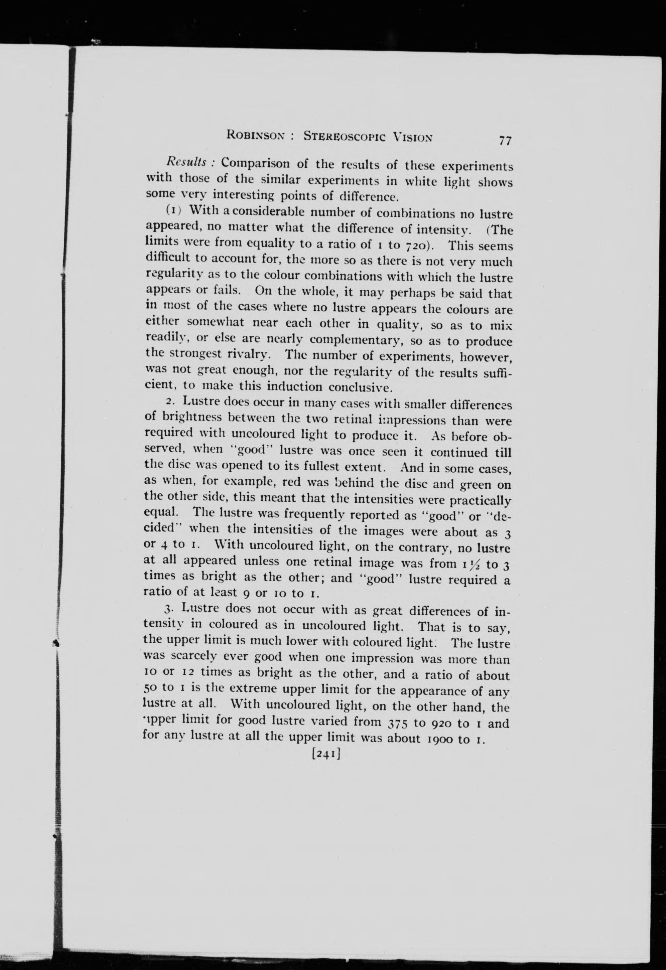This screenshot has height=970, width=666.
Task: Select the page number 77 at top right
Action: pos(504,141)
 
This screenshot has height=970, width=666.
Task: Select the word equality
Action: pos(273,243)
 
